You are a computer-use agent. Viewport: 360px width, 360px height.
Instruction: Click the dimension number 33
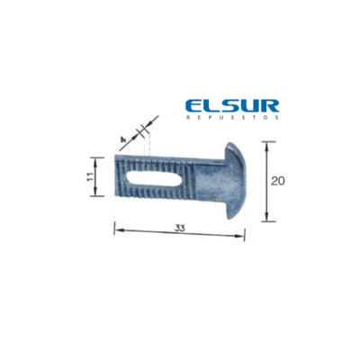click(180, 229)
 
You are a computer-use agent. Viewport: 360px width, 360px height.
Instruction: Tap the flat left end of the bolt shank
click(116, 177)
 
